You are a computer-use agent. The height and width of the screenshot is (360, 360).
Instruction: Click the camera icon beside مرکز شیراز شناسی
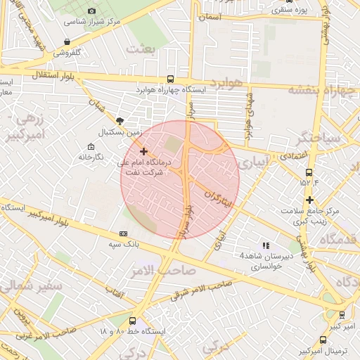tap(93, 11)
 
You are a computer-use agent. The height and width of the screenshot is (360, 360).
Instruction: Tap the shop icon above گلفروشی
tap(66, 42)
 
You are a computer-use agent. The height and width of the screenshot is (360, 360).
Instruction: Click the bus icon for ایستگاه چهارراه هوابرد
tap(171, 79)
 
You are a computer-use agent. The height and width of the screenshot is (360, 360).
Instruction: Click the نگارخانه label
tap(91, 155)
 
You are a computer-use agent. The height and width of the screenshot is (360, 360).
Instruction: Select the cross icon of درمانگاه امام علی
tap(143, 151)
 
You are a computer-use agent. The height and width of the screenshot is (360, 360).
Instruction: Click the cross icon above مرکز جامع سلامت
tap(309, 200)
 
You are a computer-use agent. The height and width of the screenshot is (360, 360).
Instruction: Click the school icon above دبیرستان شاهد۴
tap(266, 245)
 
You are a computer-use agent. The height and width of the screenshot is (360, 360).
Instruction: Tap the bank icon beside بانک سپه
tap(124, 233)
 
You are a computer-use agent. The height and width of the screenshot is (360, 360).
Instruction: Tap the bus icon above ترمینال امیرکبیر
tap(342, 315)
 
